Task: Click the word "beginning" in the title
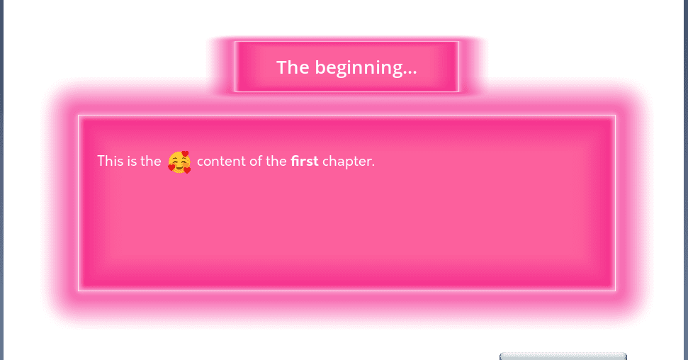click(359, 68)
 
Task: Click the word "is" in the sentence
click(132, 161)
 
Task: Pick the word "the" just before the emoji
click(150, 161)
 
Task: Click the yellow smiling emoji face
click(179, 162)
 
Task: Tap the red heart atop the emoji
click(185, 154)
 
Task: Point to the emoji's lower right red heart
click(187, 170)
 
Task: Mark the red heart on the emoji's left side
click(171, 167)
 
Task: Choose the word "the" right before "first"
click(276, 161)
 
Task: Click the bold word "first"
click(305, 161)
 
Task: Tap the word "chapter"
click(346, 162)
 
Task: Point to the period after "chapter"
click(373, 166)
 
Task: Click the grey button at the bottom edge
click(563, 356)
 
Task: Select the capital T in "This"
click(101, 161)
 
